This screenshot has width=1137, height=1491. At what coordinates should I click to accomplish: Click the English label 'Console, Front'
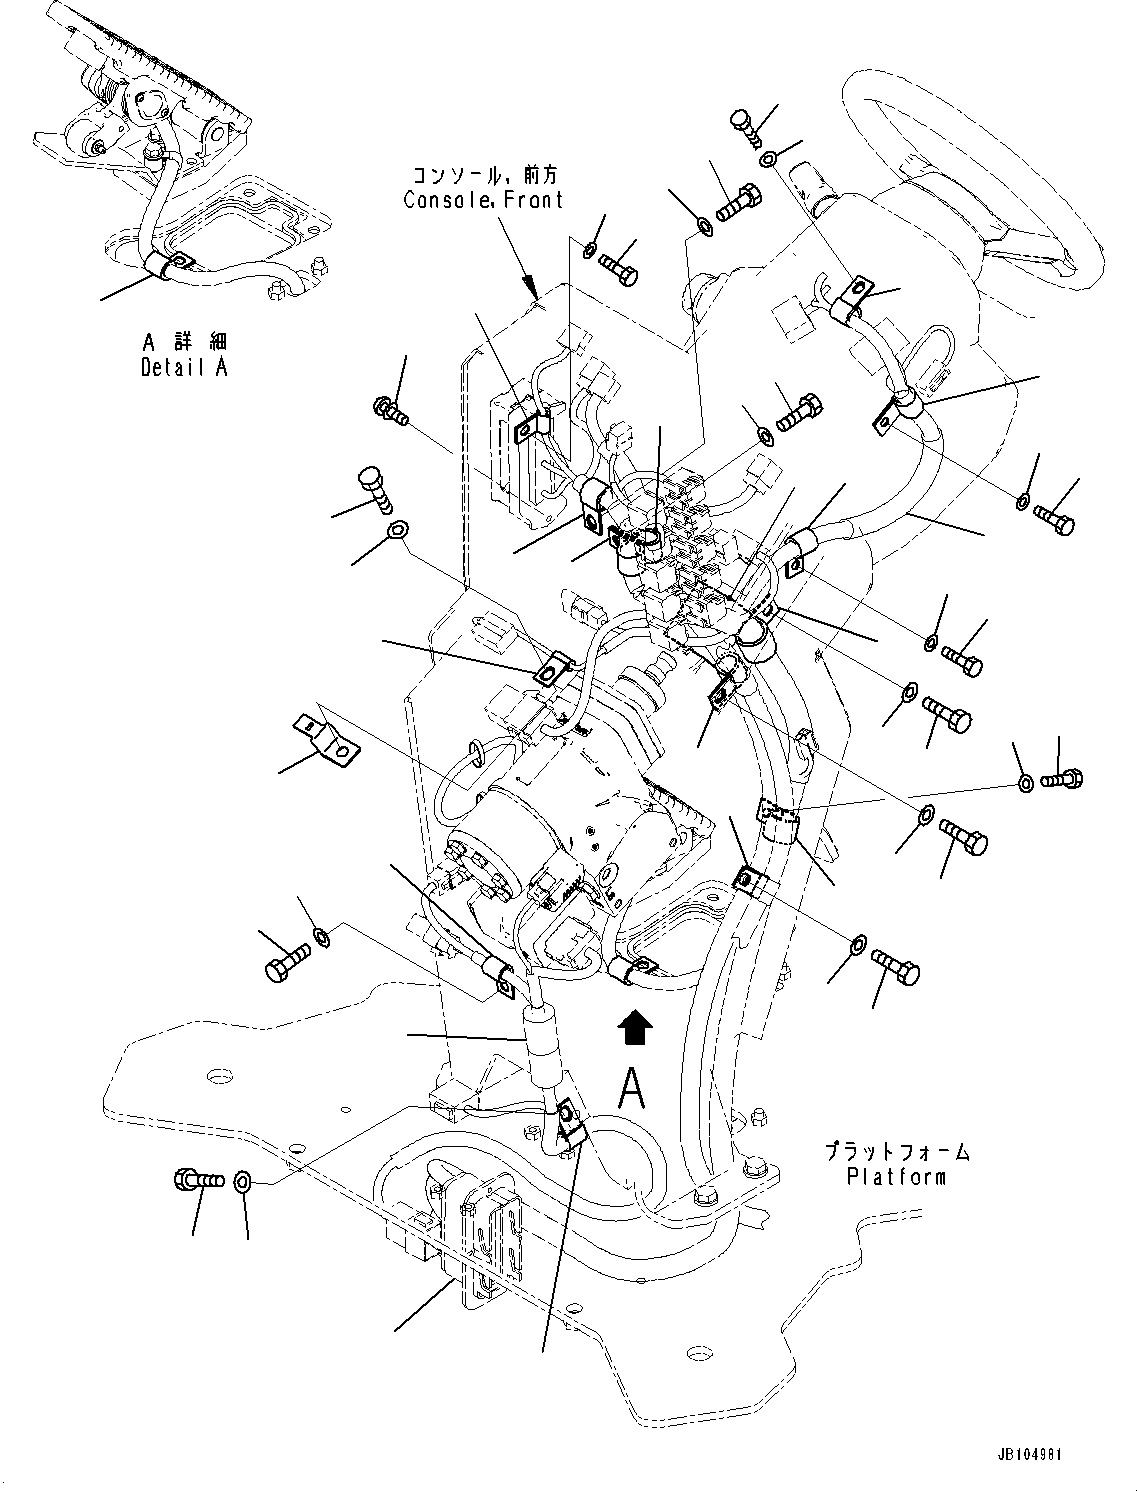coord(483,200)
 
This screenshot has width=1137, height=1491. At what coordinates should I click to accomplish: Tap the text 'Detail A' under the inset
coord(184,367)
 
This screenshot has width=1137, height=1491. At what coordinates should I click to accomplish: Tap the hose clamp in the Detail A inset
coord(170,265)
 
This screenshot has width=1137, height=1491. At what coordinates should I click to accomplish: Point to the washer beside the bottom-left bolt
coord(244,1183)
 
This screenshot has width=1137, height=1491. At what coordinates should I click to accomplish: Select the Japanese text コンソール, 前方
coord(483,175)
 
